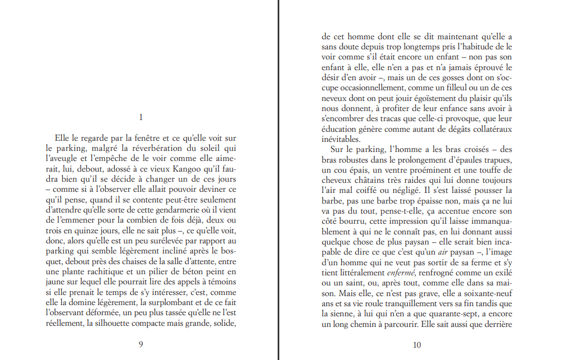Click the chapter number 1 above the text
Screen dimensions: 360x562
[x=141, y=117]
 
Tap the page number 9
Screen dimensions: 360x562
[x=141, y=344]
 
